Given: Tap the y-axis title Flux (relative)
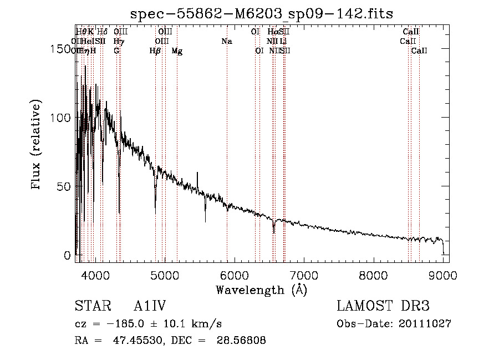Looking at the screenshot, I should [37, 146].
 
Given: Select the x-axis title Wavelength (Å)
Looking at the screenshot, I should [262, 290].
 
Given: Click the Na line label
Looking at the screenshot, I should [226, 41].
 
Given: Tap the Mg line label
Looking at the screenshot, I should [177, 51].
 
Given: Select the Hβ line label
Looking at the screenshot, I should [155, 51].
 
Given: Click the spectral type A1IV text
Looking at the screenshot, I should [150, 306].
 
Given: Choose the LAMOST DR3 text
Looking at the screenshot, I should [383, 306].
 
